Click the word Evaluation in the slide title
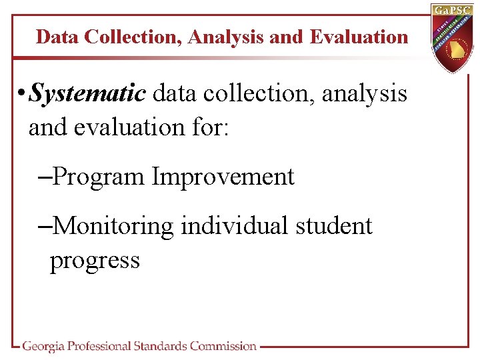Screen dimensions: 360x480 click(x=359, y=37)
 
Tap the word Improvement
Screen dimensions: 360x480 click(x=223, y=177)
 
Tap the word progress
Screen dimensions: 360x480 click(x=95, y=261)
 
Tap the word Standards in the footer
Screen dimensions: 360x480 click(x=160, y=346)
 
